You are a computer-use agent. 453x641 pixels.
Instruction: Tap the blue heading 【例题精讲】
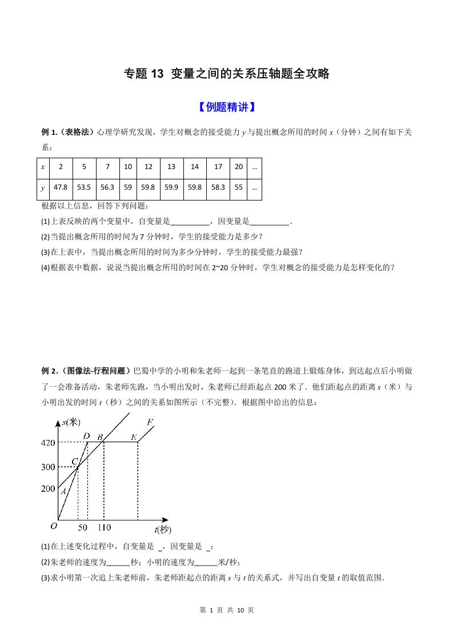226,107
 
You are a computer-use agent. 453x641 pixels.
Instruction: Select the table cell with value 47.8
60,187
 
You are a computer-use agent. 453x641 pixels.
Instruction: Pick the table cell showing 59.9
171,187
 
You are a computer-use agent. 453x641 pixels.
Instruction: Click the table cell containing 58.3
218,187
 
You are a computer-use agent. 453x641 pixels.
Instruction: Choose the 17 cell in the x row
218,167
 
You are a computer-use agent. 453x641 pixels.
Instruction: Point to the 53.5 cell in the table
84,187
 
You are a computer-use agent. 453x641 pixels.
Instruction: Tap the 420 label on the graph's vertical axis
47,442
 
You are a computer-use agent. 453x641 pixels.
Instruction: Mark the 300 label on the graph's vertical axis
47,467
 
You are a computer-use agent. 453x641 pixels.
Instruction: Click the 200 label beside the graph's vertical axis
47,489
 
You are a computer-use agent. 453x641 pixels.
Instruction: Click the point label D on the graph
86,436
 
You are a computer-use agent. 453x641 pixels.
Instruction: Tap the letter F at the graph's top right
150,423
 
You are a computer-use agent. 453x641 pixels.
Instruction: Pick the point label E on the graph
134,438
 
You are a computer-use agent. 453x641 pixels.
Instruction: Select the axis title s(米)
72,422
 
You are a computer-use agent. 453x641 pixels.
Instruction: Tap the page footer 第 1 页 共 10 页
226,610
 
